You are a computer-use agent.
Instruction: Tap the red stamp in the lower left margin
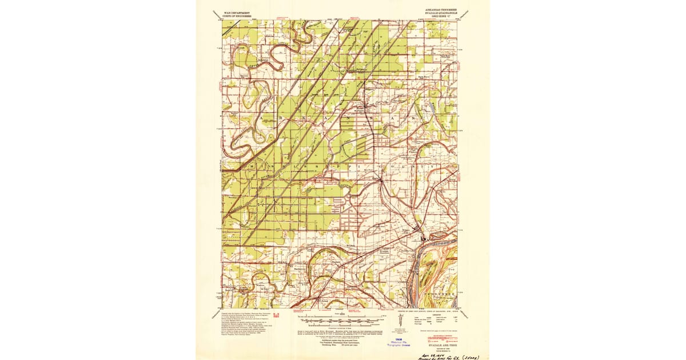tap(276, 315)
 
